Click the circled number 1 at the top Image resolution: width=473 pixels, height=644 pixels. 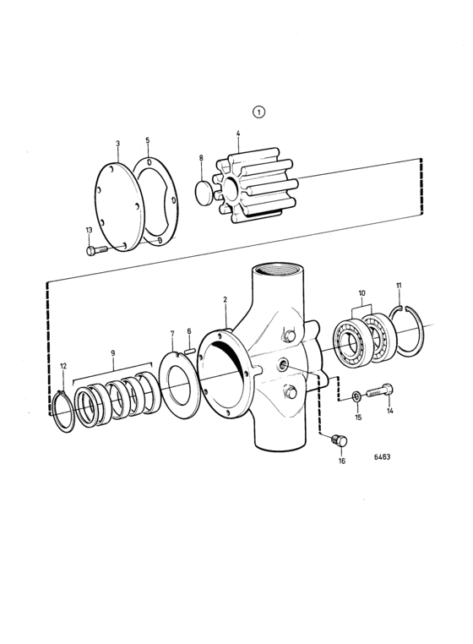[x=258, y=112]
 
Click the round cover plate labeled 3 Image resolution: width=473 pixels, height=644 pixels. [x=119, y=206]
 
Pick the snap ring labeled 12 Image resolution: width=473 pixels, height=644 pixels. [x=66, y=411]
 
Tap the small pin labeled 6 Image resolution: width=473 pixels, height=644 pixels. [x=189, y=351]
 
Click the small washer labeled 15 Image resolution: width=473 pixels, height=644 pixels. [x=356, y=396]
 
